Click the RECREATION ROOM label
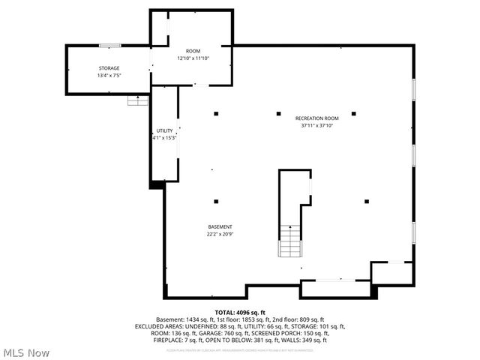tap(317, 118)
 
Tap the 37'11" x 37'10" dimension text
tap(317, 126)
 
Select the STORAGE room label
tap(108, 68)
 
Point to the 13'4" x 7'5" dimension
tap(108, 76)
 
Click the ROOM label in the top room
tap(193, 51)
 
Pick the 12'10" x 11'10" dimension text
tap(193, 58)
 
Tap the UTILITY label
tap(164, 130)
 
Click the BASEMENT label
tap(220, 226)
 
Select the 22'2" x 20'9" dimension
tap(220, 234)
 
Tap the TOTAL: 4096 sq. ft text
tap(240, 312)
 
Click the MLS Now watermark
tap(26, 352)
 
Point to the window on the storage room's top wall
tap(110, 46)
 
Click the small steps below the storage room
tap(137, 100)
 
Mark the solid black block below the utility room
tap(157, 184)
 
